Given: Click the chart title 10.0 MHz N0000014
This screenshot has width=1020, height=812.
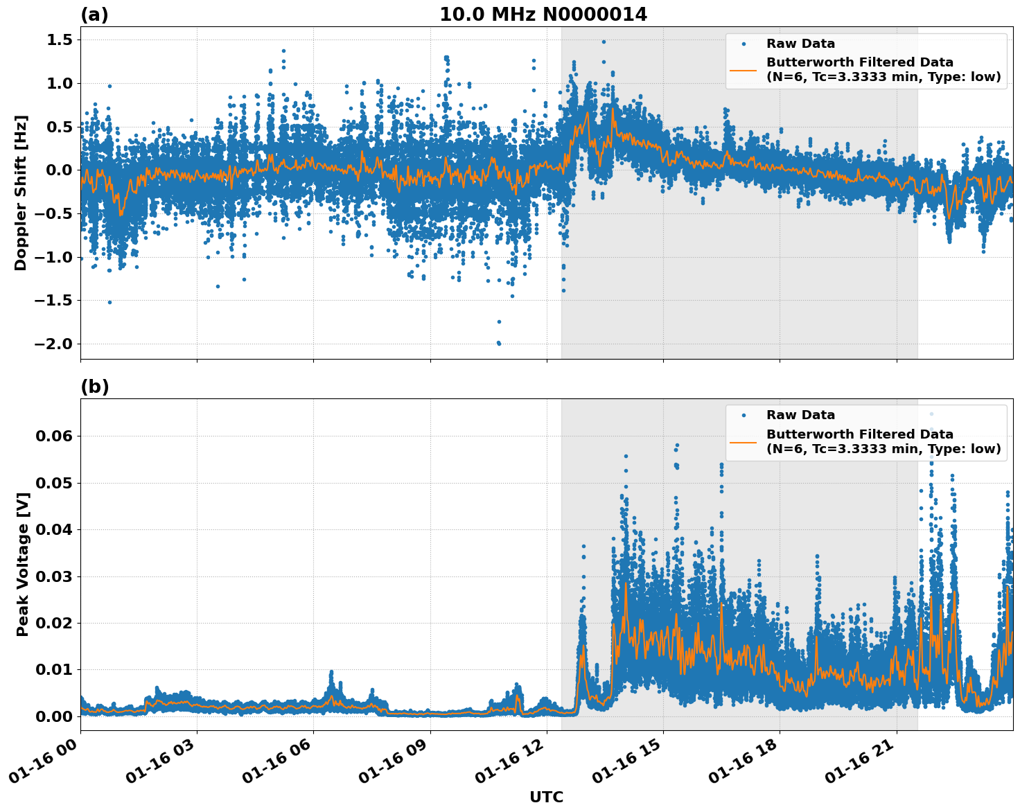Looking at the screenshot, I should [x=543, y=15].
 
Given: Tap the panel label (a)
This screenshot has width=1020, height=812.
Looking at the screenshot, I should [x=94, y=15].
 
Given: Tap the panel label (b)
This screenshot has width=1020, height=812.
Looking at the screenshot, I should [x=94, y=387].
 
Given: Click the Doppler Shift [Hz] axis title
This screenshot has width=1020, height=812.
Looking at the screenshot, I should [x=21, y=193].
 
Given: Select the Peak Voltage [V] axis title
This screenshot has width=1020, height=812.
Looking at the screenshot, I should [x=23, y=565].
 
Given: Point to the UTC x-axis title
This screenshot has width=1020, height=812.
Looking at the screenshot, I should [x=546, y=797].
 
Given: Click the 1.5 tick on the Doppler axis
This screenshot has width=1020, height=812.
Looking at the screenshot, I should [x=59, y=40].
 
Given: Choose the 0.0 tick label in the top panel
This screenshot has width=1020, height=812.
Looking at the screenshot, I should [x=59, y=170].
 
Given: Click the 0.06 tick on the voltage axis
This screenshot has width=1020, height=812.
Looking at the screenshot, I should [x=54, y=436].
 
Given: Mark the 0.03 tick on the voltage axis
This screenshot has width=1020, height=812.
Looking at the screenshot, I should [x=54, y=576].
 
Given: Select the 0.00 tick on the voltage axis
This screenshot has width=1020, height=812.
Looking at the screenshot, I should [x=54, y=716].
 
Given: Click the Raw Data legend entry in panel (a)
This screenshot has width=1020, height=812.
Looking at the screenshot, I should [x=800, y=44].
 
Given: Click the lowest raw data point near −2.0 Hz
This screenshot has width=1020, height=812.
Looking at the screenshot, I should [x=499, y=344].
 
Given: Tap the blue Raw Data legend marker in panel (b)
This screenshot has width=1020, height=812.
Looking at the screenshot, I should [x=744, y=416].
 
